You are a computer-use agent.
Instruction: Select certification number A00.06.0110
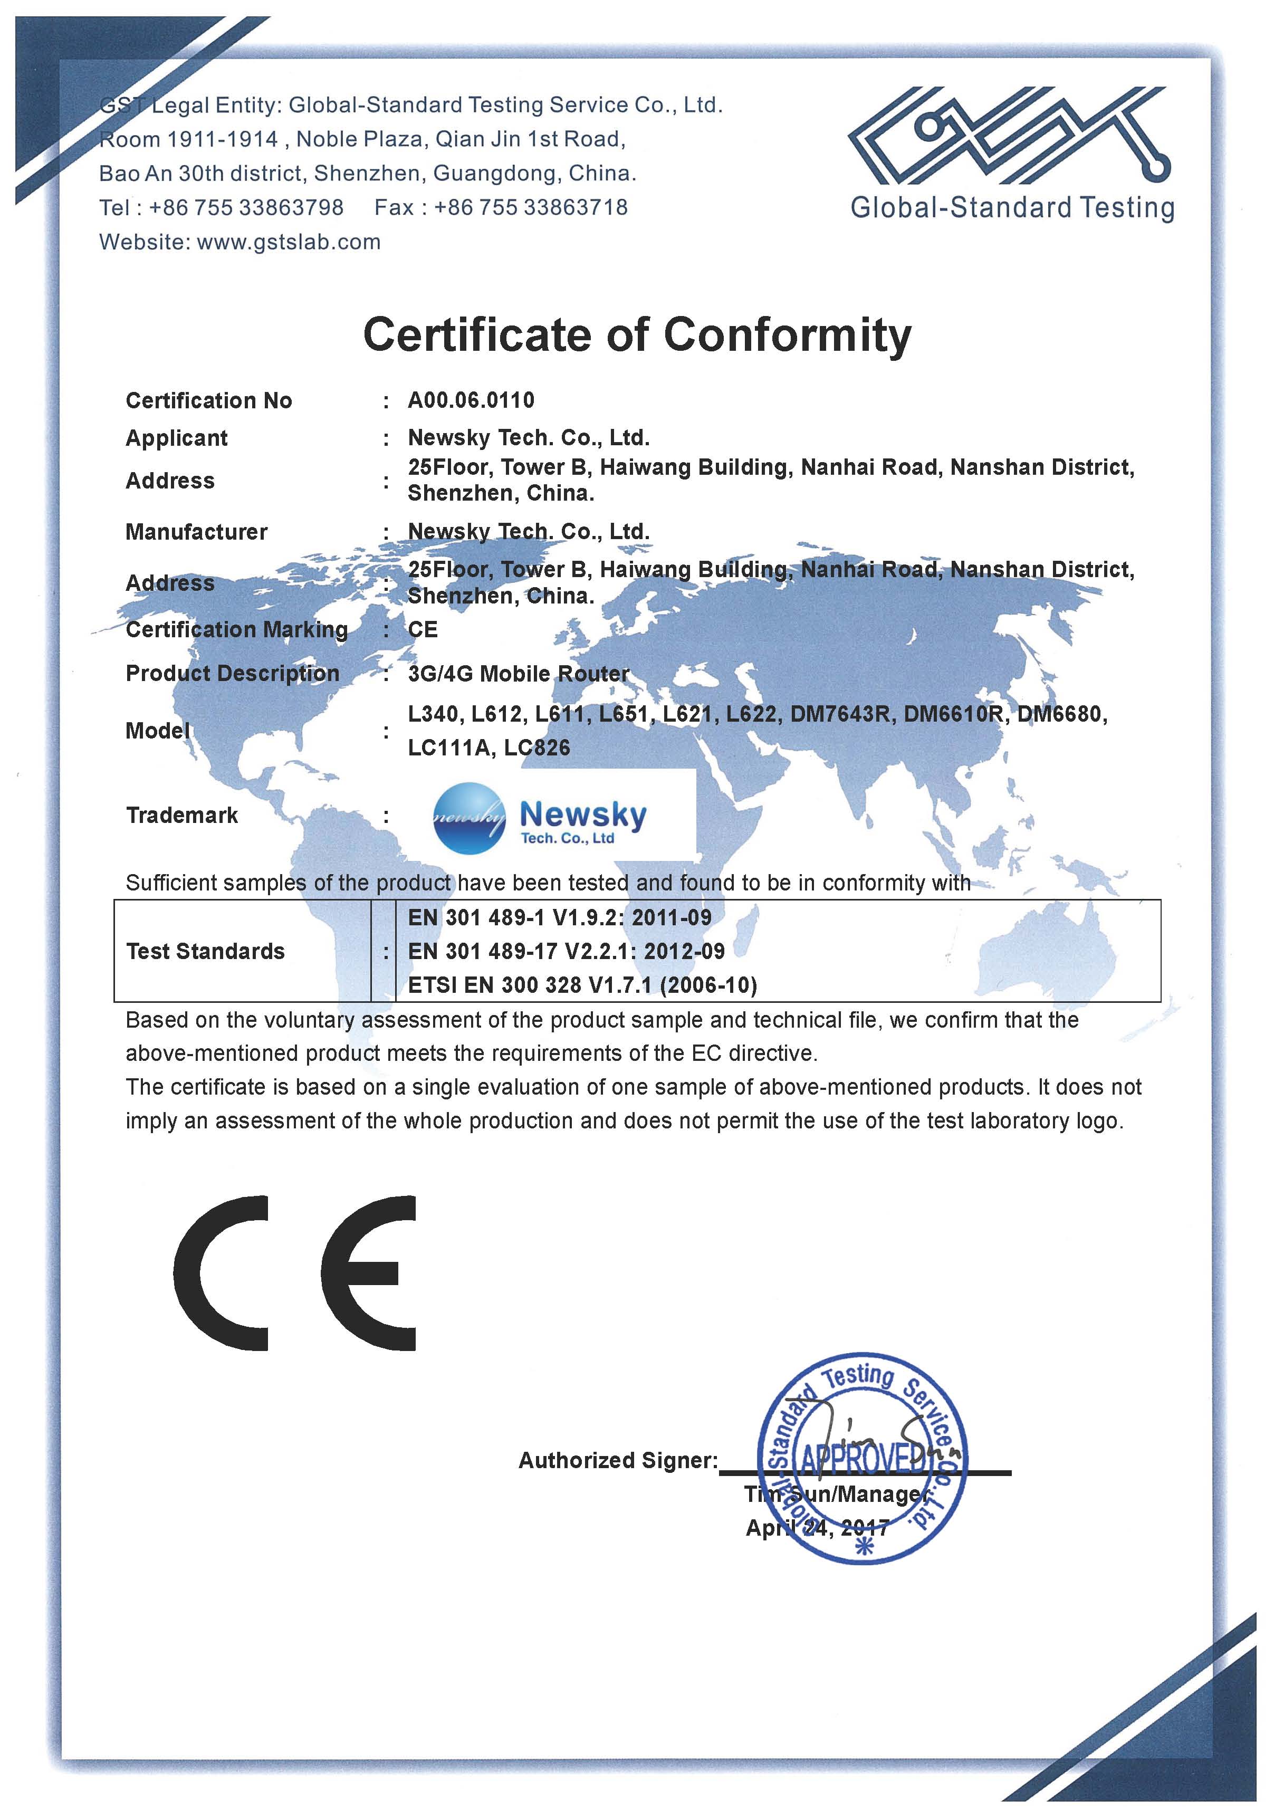471,400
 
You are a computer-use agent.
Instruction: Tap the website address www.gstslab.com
289,242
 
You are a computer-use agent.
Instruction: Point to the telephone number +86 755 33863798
246,208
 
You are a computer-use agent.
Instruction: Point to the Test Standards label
205,951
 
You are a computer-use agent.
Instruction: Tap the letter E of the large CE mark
369,1273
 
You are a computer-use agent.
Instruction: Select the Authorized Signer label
618,1460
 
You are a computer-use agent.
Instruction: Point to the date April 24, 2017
817,1528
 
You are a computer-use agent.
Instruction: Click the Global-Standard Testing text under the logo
1012,208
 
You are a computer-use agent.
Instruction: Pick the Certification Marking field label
237,629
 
